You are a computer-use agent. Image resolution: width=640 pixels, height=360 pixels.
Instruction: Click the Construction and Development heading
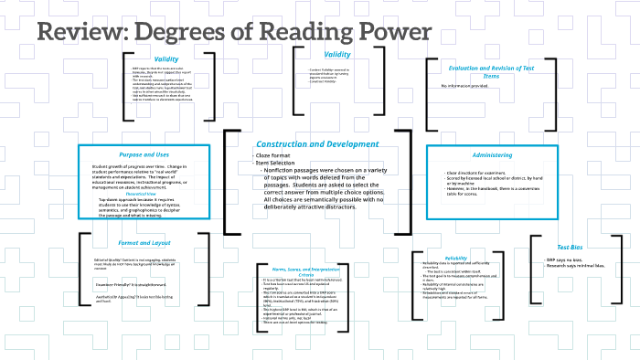coord(316,144)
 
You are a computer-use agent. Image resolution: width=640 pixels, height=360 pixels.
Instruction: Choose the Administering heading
coord(492,155)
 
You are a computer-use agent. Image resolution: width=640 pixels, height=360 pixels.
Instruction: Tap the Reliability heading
coord(456,259)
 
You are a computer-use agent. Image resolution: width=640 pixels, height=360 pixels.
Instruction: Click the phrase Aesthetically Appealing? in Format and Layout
coord(118,301)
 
